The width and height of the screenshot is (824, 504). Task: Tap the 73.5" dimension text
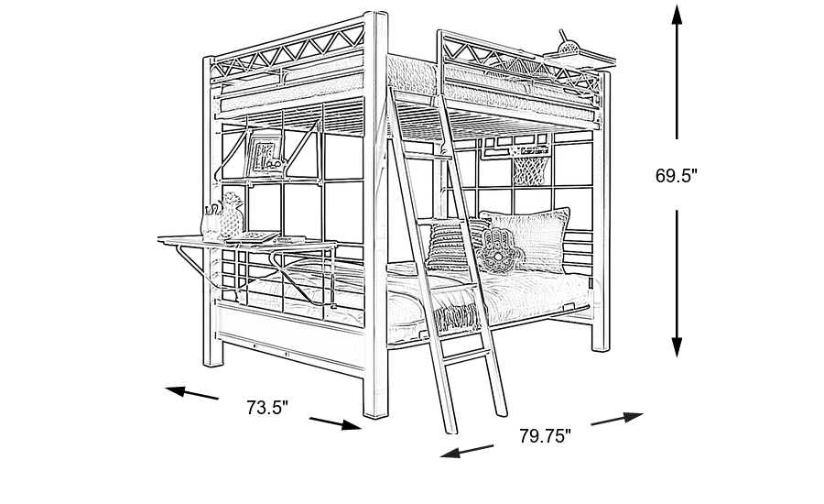267,408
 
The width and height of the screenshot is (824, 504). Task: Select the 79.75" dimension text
545,436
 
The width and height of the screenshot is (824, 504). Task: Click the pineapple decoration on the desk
229,214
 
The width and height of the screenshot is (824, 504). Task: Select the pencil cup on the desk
210,223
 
